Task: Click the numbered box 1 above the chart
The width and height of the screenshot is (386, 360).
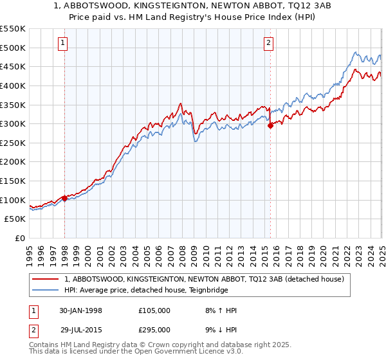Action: coord(63,43)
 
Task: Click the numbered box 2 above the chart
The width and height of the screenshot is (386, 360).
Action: coord(268,43)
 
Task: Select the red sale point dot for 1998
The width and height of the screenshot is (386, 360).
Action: coord(65,198)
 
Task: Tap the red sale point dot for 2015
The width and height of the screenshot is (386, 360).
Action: coord(270,126)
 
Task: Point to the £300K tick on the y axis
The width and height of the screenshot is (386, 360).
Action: coord(14,123)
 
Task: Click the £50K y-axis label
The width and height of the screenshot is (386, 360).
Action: coord(16,219)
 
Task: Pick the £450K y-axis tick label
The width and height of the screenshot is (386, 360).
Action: coord(14,66)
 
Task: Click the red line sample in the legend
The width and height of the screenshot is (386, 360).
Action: coord(46,279)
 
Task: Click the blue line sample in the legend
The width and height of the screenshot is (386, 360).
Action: coord(46,290)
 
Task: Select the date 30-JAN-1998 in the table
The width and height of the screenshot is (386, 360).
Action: coord(80,310)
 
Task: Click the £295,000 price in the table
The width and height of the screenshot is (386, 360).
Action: coord(154,330)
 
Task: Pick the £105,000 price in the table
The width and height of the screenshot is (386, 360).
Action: coord(154,310)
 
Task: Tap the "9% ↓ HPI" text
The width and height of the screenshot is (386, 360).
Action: coord(218,330)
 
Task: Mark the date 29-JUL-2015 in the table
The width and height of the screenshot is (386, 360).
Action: coord(80,330)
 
